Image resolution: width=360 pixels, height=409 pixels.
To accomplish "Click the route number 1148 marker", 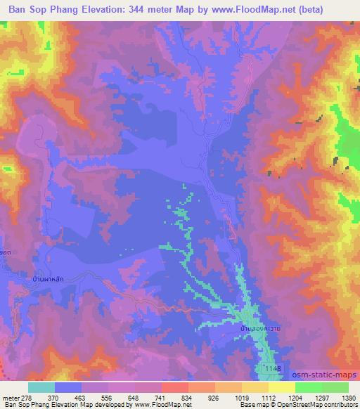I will click(x=273, y=368).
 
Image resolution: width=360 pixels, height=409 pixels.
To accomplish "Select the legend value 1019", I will click(x=241, y=397).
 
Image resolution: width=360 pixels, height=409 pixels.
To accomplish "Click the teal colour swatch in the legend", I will click(x=41, y=387).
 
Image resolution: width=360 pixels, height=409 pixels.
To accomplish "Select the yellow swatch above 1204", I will click(x=281, y=387).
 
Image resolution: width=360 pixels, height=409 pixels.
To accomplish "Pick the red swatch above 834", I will click(x=174, y=387).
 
